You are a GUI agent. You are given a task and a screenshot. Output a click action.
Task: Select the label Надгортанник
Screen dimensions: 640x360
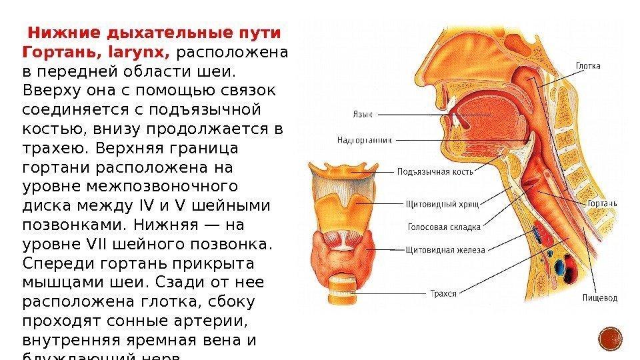click(365, 140)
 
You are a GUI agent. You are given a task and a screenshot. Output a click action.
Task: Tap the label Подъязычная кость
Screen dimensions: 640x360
click(435, 171)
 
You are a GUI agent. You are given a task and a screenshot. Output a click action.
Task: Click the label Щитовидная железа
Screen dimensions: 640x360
click(445, 250)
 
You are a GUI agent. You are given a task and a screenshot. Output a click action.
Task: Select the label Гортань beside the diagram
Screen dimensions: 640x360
click(601, 203)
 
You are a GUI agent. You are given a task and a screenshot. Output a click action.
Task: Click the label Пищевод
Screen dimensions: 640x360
click(599, 297)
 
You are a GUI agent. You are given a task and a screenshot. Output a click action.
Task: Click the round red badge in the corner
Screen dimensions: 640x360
click(611, 339)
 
